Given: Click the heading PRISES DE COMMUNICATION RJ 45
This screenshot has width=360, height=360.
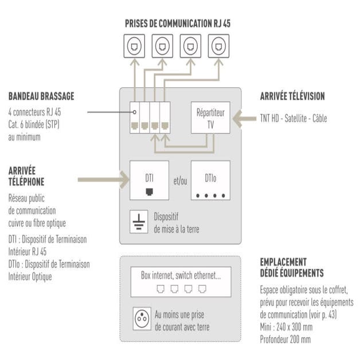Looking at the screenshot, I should (178, 24).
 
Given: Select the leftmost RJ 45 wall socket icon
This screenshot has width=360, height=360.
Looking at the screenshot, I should (134, 46).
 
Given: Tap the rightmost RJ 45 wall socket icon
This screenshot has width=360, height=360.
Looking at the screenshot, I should (218, 46).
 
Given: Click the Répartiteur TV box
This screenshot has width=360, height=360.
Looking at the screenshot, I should (210, 117).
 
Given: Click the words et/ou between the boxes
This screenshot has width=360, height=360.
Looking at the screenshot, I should (180, 181).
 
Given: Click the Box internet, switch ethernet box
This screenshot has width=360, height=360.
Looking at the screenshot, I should (181, 281).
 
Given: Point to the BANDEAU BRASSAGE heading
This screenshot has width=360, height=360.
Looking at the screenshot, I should (41, 96).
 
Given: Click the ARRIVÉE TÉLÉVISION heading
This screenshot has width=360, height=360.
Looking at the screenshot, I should (292, 96).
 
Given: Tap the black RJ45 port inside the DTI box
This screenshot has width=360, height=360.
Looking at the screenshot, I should (150, 190).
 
